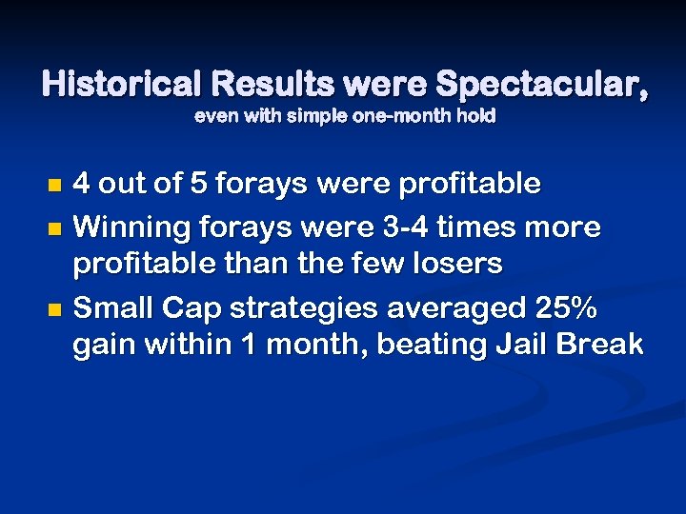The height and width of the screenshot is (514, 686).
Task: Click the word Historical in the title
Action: (121, 86)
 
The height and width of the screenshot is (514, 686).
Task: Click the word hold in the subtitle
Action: (474, 119)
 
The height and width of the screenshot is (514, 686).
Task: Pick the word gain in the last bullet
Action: (105, 344)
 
